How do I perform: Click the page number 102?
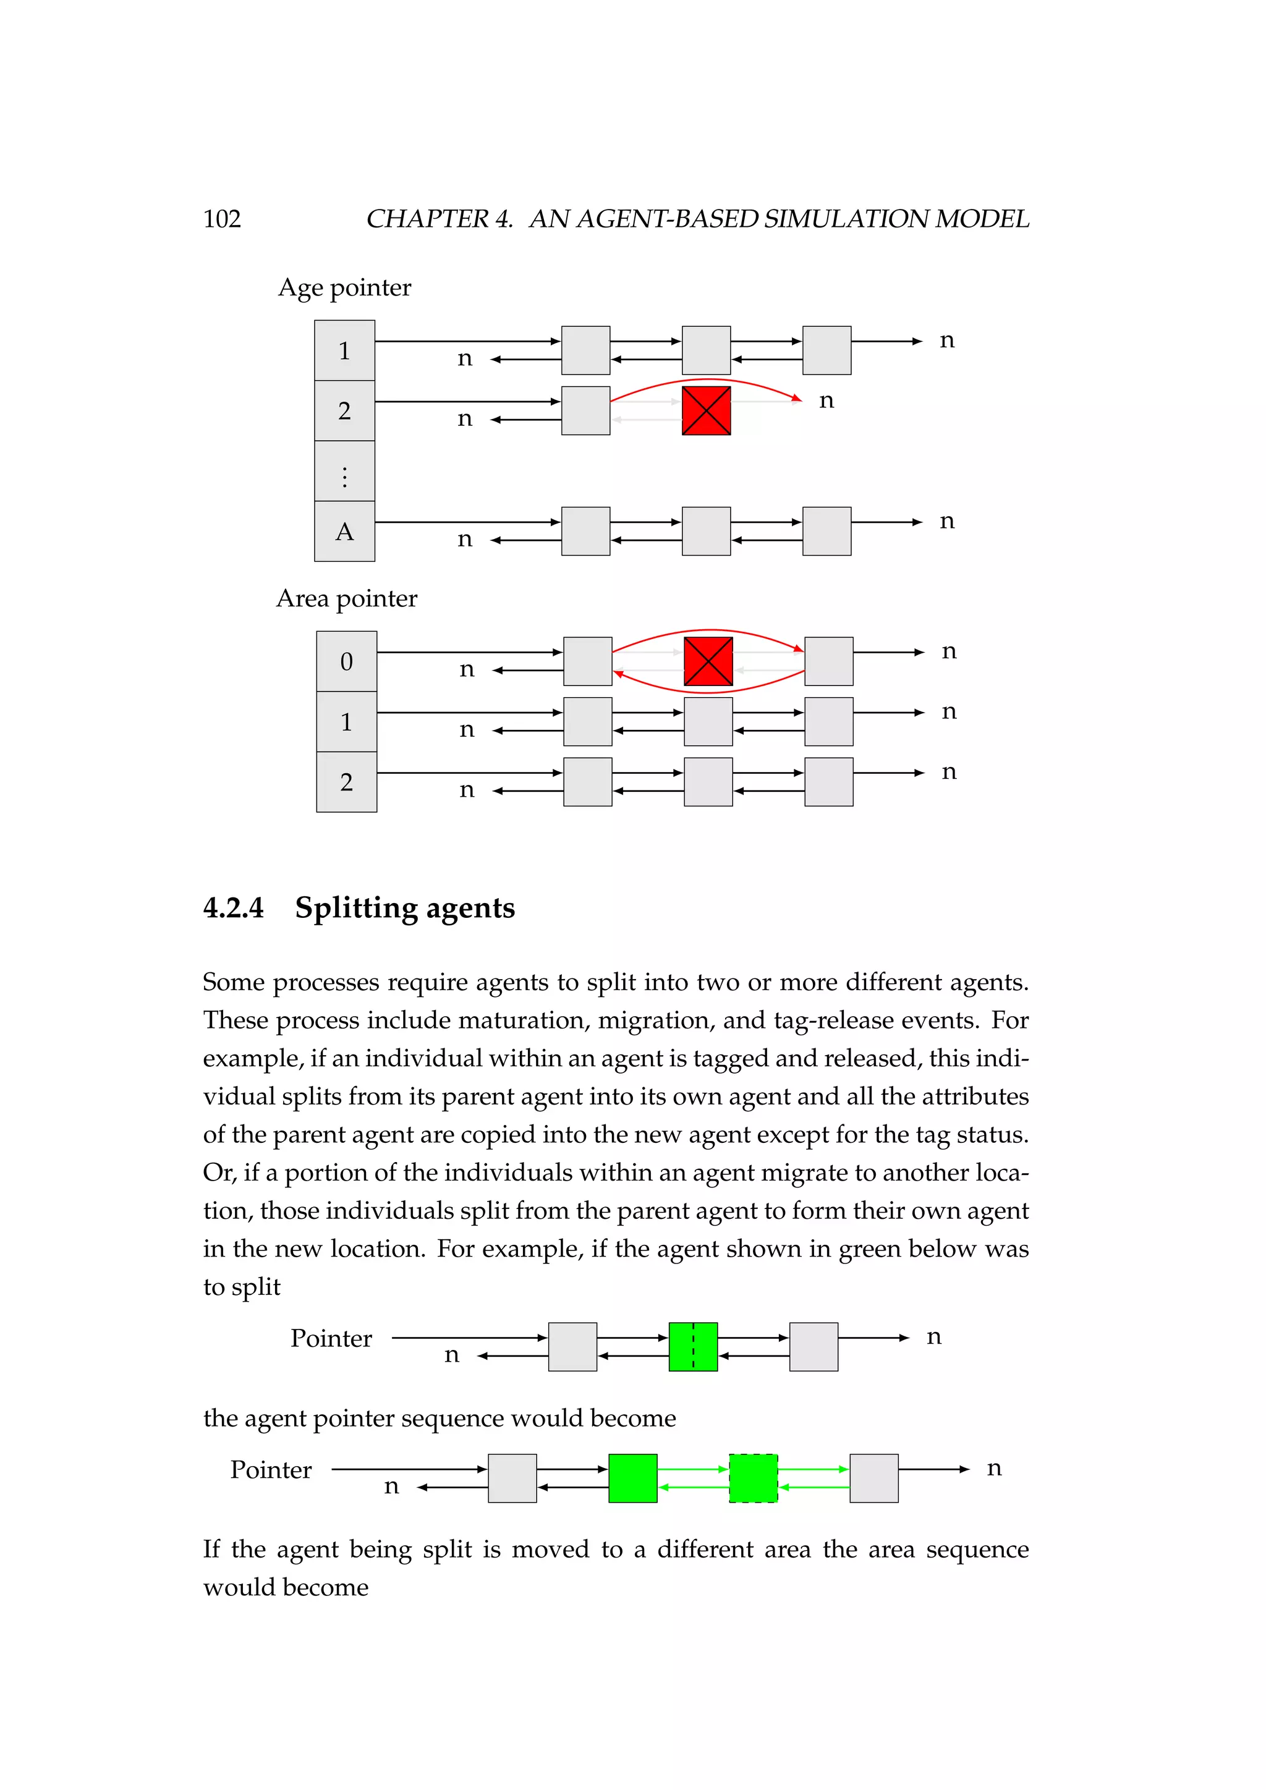tap(222, 219)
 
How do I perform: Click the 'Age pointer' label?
tap(344, 287)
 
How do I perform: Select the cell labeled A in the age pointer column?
tap(344, 532)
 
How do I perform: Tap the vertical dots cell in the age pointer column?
tap(344, 472)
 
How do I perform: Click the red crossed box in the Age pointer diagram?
tap(707, 411)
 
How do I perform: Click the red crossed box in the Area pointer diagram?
tap(708, 662)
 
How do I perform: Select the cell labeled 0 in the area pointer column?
tap(346, 662)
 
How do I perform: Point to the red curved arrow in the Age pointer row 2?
tap(707, 381)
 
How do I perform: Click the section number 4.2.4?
tap(233, 908)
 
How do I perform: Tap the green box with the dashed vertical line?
tap(693, 1346)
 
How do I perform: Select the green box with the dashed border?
tap(753, 1478)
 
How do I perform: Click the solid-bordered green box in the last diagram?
tap(632, 1478)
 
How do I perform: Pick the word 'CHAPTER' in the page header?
tap(428, 219)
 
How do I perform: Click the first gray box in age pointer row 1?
tap(585, 350)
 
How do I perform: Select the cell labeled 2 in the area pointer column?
tap(346, 782)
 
